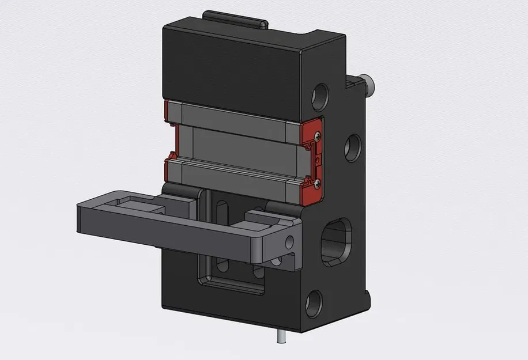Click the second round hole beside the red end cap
tap(352, 148)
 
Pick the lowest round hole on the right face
tap(314, 303)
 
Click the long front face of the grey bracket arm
tap(173, 230)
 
